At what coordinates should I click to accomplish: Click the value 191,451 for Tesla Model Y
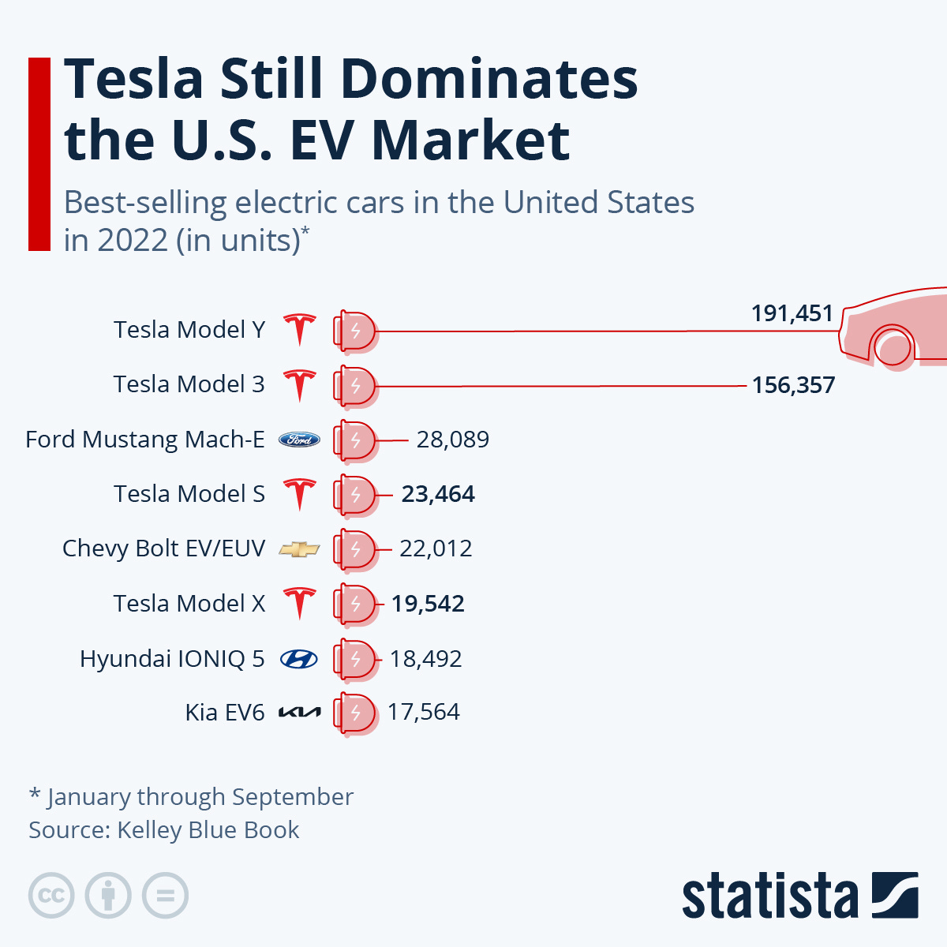pos(792,313)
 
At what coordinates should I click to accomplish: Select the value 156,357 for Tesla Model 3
pos(793,385)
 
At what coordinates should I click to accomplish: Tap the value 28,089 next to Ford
pos(452,440)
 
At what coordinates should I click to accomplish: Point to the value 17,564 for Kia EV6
pos(423,712)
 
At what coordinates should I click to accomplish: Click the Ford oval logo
pos(300,440)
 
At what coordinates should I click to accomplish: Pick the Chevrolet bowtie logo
pos(300,549)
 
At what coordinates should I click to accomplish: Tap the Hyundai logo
pos(299,659)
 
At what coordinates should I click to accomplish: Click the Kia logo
pos(300,713)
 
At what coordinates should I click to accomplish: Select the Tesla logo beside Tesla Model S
pos(300,494)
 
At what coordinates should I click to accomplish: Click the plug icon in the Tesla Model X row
pos(354,604)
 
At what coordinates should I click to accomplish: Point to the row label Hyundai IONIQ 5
pos(172,658)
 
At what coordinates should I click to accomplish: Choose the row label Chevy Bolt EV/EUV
pos(163,548)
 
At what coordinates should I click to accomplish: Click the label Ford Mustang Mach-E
pos(145,440)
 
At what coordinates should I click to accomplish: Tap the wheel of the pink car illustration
pos(893,347)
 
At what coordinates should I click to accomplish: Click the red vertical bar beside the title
pos(39,154)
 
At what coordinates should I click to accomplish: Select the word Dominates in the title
pos(488,80)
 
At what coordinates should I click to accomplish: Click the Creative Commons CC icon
pos(51,896)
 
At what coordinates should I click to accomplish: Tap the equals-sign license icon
pos(165,896)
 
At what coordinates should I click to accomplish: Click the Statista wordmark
pos(769,896)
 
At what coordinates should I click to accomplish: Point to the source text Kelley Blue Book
pos(208,830)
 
